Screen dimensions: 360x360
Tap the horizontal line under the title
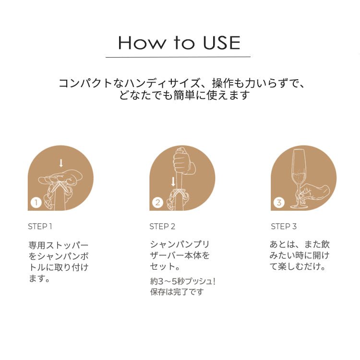(x=178, y=57)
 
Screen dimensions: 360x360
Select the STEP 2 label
(x=162, y=227)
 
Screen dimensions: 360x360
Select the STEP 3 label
(x=284, y=227)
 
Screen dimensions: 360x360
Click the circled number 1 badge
(x=35, y=203)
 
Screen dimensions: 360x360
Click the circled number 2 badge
(x=157, y=203)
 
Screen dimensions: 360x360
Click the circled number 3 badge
(x=278, y=203)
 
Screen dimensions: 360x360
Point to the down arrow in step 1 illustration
(x=60, y=163)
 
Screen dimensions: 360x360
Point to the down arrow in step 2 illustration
(x=173, y=182)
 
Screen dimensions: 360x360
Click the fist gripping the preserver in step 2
(x=183, y=163)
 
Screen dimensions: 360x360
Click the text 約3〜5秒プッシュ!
(x=182, y=281)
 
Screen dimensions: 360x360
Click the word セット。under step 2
(x=165, y=266)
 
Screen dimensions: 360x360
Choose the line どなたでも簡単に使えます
(x=185, y=95)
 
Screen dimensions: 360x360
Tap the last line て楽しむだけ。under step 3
(x=298, y=266)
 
